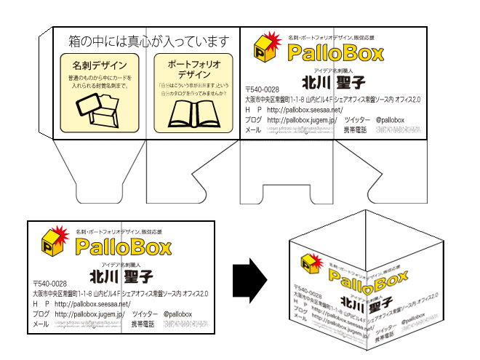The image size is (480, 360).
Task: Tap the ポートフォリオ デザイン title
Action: [193, 69]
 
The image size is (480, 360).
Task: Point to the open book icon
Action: [193, 115]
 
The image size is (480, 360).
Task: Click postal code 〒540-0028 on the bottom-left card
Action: [50, 284]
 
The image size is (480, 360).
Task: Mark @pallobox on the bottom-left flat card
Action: [177, 313]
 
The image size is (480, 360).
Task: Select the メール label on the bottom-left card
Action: [41, 324]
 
